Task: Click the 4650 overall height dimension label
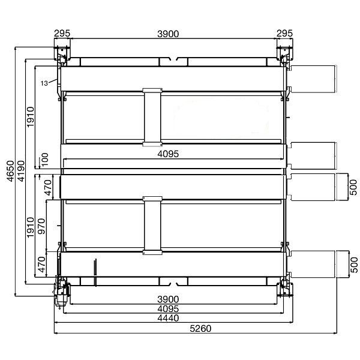click(x=11, y=171)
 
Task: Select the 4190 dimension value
click(x=21, y=171)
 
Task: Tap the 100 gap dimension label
click(x=44, y=160)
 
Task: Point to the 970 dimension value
click(x=41, y=226)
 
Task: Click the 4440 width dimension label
click(x=168, y=318)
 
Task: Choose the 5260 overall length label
click(x=200, y=329)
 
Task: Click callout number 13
click(x=44, y=83)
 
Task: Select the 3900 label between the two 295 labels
click(x=168, y=34)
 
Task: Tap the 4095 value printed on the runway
click(x=168, y=154)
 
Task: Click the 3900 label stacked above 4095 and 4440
click(x=168, y=299)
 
